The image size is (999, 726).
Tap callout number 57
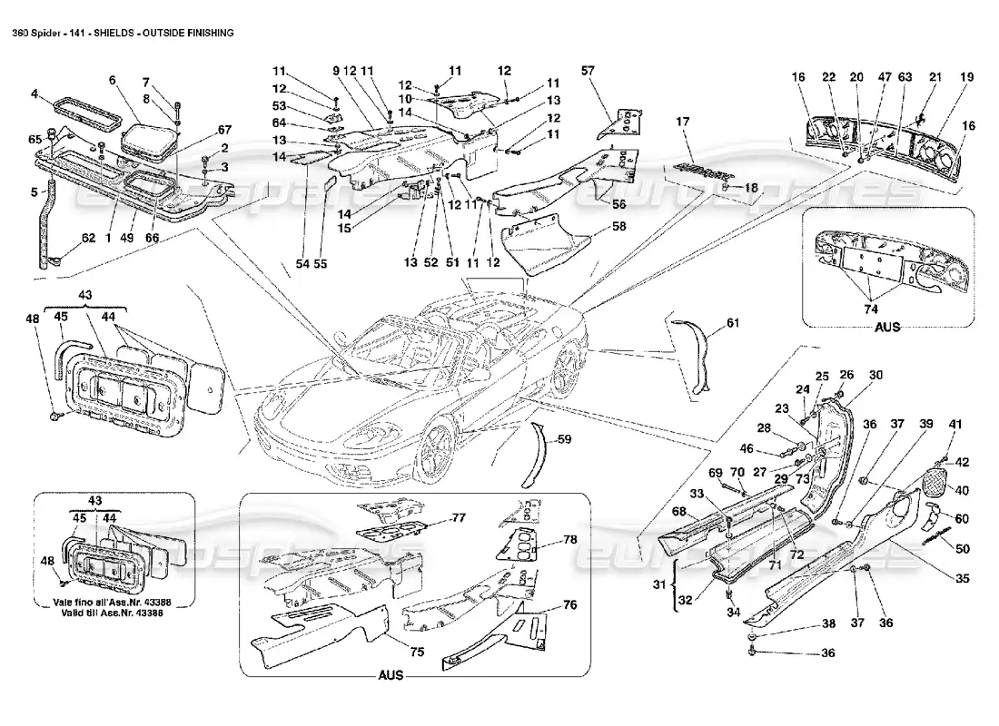tap(589, 70)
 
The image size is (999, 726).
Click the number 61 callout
tap(733, 321)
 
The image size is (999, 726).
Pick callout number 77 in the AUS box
tap(458, 518)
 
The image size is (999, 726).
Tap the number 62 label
tap(88, 239)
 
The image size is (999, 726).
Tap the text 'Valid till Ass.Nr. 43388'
tap(114, 613)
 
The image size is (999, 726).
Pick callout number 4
tap(34, 93)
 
